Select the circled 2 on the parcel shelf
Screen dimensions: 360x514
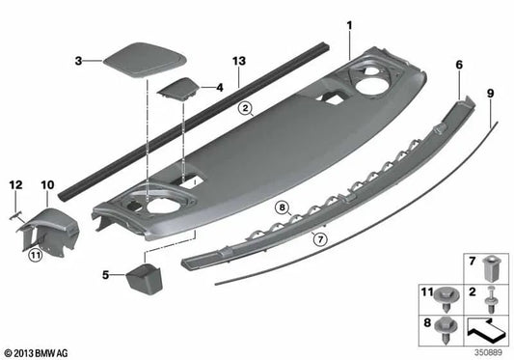coord(247,108)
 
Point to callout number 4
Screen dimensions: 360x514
coord(219,87)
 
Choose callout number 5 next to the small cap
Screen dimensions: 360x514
coord(104,275)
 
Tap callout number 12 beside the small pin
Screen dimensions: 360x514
coord(14,183)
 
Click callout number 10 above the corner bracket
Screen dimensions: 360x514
coord(48,183)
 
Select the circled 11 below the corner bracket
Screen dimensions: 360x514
coord(35,256)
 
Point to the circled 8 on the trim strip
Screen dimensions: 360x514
coord(282,207)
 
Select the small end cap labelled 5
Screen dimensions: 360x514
coord(143,280)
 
